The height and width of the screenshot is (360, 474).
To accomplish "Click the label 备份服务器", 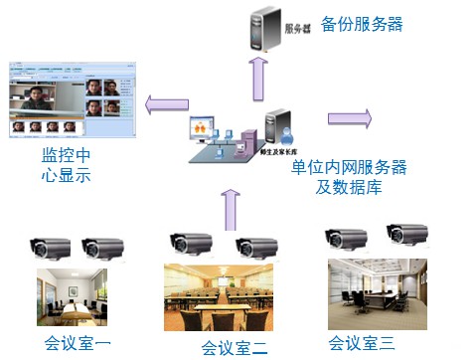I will [362, 24].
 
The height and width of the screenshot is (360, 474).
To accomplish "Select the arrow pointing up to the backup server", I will [257, 77].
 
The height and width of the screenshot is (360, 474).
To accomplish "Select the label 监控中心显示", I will [67, 166].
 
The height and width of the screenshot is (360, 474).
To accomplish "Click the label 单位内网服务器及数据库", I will [337, 176].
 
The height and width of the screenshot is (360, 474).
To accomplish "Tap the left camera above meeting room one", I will [51, 247].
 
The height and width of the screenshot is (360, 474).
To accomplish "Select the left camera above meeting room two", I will [192, 242].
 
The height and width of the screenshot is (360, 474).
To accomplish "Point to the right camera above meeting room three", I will [406, 235].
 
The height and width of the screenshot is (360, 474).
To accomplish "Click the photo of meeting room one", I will [72, 296].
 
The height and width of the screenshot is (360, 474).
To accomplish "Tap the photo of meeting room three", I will [377, 292].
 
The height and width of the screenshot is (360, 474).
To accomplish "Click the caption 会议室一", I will [78, 344].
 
